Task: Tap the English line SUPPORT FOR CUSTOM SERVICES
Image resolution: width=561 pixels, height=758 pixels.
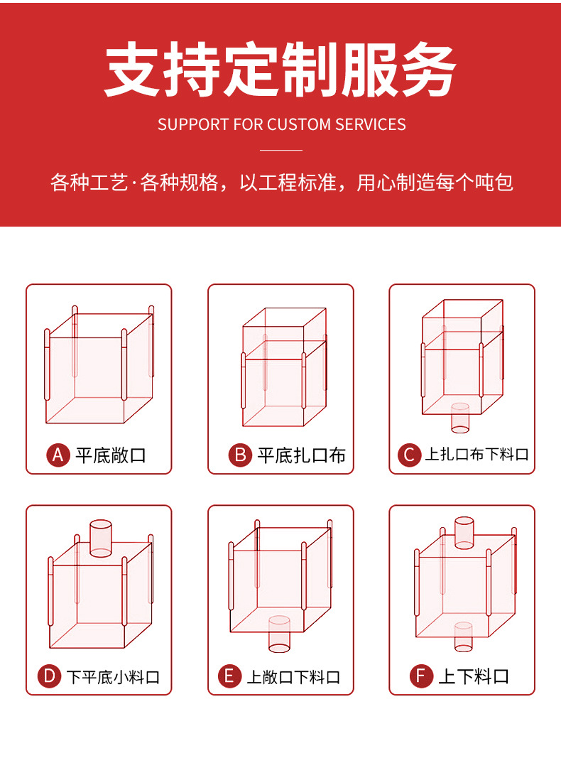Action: (281, 124)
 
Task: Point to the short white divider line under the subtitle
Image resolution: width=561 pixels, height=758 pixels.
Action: (281, 150)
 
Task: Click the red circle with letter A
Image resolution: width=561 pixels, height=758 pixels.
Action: (58, 455)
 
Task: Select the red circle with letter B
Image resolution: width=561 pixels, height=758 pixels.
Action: (240, 455)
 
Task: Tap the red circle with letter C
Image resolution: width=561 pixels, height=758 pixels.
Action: (409, 455)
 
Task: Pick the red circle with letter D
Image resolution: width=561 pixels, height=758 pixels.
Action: (49, 676)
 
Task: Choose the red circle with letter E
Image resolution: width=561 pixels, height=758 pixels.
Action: (229, 676)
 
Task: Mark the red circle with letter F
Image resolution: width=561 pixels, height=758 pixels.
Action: (421, 676)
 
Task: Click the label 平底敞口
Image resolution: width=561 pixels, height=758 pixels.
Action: (110, 455)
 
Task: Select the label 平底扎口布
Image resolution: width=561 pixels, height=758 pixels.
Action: (301, 455)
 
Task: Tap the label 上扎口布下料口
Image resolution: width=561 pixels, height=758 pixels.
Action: (476, 455)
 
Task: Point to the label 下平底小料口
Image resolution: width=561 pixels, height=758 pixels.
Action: (114, 676)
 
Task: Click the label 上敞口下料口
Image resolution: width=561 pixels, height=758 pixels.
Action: (293, 676)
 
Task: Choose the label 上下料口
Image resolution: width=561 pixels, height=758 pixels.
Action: (474, 676)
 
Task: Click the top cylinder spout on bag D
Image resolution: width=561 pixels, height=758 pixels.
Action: (101, 538)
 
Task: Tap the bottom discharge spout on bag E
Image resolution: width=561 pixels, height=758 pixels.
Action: (279, 634)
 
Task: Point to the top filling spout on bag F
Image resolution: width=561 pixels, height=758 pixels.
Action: (464, 533)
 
